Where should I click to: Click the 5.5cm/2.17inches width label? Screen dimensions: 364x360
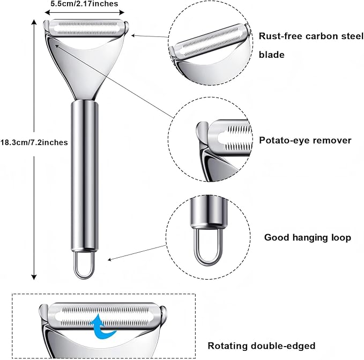coord(84,4)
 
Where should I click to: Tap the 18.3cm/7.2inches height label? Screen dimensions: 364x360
coord(34,142)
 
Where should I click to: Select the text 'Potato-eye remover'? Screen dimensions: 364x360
coord(305,140)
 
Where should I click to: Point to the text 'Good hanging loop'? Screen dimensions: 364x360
coord(308,237)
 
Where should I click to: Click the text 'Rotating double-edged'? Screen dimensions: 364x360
coord(262,346)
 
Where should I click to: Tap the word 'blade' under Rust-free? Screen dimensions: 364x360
coord(272,55)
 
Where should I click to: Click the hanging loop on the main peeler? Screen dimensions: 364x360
coord(84,265)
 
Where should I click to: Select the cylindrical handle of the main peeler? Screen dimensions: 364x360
coord(85,176)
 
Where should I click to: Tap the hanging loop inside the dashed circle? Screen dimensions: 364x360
coord(208,247)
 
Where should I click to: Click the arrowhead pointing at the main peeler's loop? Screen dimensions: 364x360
coord(110,260)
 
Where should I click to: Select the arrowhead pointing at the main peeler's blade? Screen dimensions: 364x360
coord(133,35)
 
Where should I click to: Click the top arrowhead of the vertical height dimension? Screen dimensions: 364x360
coord(34,22)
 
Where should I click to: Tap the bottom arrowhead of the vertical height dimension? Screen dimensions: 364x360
coord(34,277)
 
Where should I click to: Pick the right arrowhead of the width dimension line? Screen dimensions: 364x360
coord(122,12)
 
